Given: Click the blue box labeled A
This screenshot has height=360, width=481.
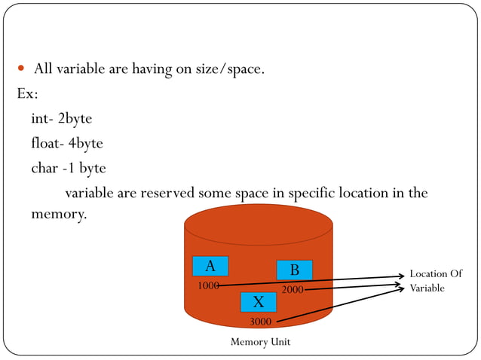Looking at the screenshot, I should (210, 266).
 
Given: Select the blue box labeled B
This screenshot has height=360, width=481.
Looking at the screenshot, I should (294, 270).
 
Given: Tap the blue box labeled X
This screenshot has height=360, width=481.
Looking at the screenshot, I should (259, 302).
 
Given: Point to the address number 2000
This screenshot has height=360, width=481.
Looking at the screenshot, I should (293, 289).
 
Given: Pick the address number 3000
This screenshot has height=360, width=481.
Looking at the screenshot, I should (261, 322).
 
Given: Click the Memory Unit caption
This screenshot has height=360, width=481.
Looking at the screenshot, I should (260, 342).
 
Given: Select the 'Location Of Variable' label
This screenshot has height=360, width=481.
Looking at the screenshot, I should (435, 281).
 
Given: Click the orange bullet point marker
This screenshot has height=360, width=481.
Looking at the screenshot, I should (22, 69).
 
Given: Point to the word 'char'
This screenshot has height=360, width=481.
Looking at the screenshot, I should (44, 168).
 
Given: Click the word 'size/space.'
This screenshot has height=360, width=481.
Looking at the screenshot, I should (228, 70).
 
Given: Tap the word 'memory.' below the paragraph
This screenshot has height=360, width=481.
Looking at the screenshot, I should (59, 214).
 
